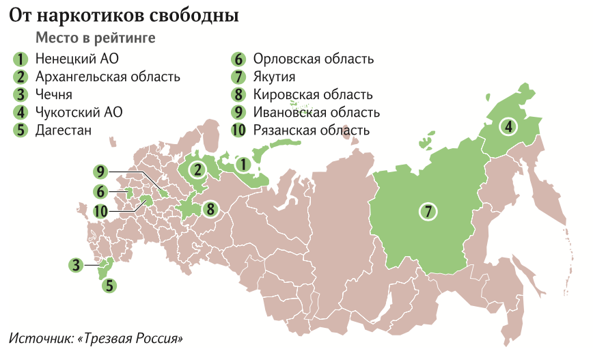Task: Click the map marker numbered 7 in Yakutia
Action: (x=429, y=211)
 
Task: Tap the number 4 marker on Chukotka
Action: (x=508, y=126)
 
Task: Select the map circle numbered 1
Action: (x=241, y=165)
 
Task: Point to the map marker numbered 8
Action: (x=210, y=208)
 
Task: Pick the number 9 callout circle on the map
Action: (x=102, y=171)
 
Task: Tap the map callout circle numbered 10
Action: (x=102, y=210)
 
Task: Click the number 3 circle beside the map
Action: (x=77, y=264)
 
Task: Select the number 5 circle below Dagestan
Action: (x=109, y=286)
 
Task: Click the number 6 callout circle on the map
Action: (x=102, y=191)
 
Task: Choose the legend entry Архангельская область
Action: (x=107, y=77)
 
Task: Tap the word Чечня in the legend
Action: (x=54, y=94)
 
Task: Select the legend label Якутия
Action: (x=274, y=77)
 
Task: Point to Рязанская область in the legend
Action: (x=311, y=130)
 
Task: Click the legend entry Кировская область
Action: (x=312, y=94)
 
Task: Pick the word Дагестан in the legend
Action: (x=64, y=130)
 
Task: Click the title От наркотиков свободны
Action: (x=124, y=14)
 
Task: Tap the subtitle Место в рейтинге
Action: (x=95, y=38)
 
